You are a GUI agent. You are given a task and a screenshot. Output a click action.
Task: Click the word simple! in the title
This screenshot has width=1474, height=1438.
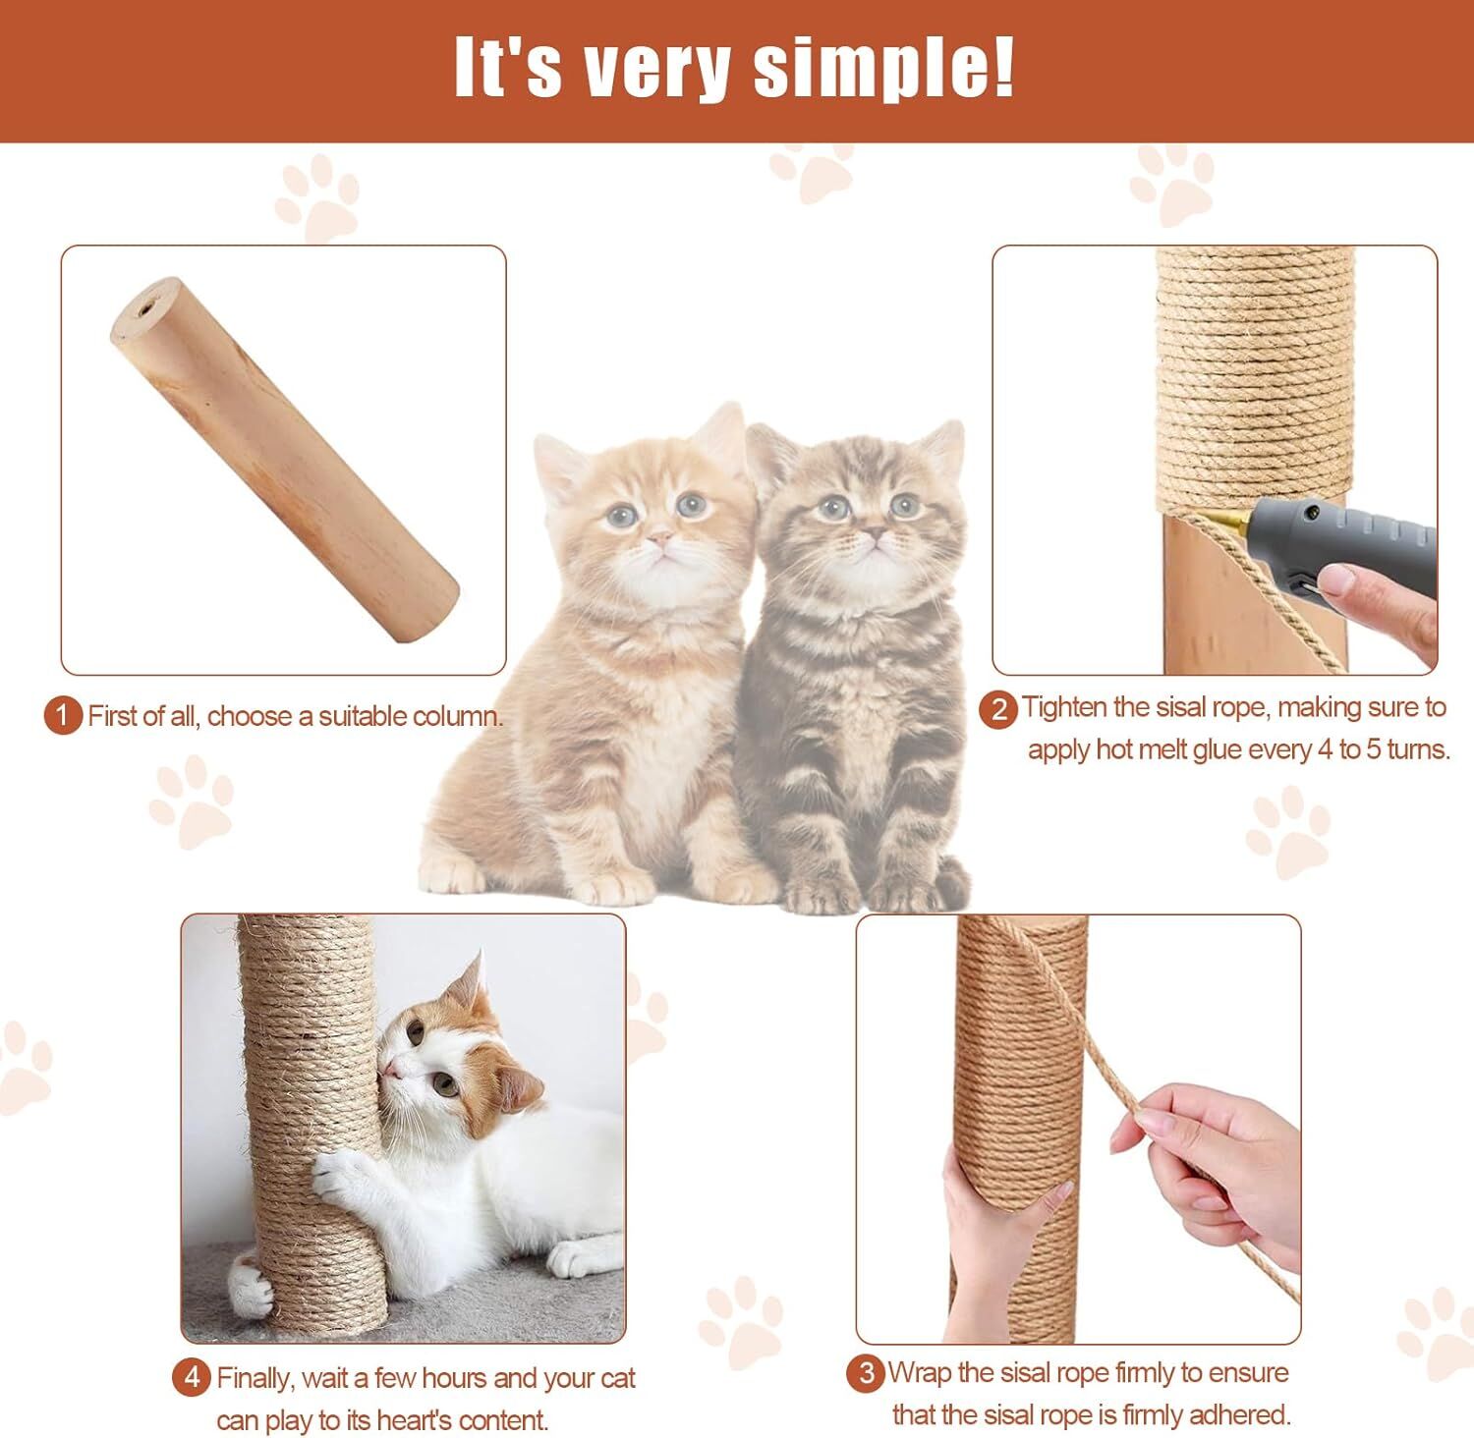pos(884,69)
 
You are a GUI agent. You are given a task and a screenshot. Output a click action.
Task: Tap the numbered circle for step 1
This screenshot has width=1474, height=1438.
pos(64,715)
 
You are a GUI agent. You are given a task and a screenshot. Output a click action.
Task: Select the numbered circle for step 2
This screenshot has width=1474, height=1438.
pos(998,708)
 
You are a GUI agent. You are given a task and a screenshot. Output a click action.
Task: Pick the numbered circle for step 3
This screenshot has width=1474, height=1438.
pos(866,1373)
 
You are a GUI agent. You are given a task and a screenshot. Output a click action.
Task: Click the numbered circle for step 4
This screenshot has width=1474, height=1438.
pos(192,1378)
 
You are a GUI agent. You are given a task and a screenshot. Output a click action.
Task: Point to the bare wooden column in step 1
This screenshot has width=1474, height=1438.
pos(284,460)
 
